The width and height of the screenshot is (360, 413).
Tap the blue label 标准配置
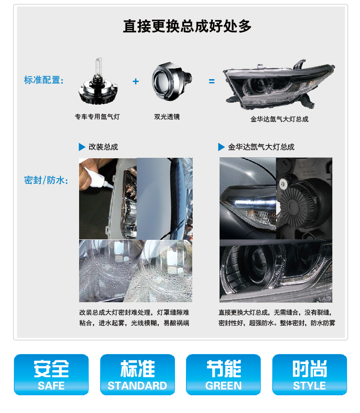point(44,80)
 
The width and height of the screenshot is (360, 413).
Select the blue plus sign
point(136,82)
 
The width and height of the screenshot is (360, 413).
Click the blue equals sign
point(211,82)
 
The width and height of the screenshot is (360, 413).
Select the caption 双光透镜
point(167,117)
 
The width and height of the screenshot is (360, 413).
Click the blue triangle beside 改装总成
point(81,147)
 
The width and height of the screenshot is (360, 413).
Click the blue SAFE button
point(51,375)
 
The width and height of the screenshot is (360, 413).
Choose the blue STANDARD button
point(137,375)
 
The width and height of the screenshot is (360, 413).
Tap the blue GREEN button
point(223,375)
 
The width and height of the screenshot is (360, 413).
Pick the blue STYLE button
point(309,375)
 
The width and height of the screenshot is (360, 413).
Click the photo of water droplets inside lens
point(136,271)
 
